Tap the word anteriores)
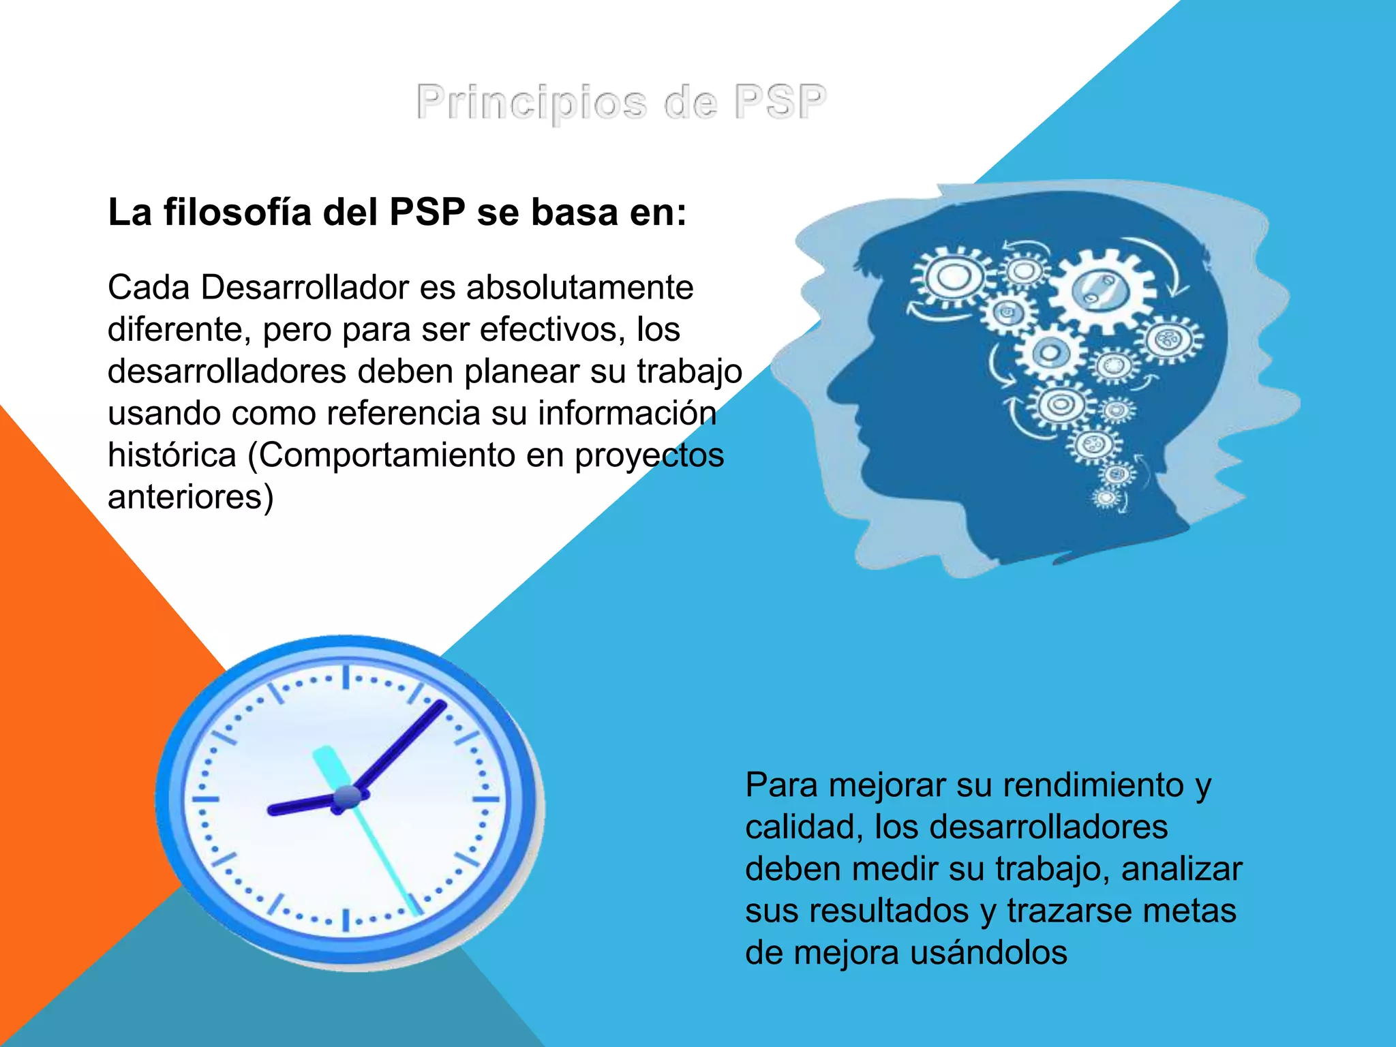pos(191,497)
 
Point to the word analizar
pos(1181,869)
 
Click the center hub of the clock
pos(347,797)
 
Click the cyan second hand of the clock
pos(382,852)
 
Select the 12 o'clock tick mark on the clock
pos(346,678)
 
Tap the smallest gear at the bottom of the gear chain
pos(1106,498)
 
